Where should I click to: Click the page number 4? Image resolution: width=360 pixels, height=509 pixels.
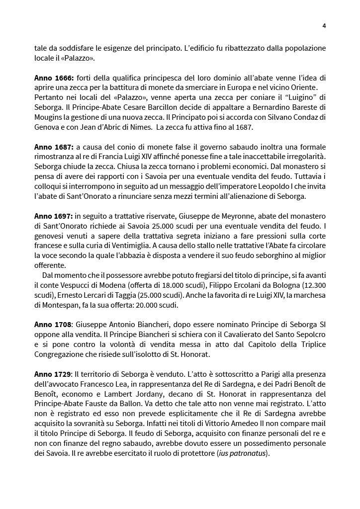(x=324, y=26)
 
